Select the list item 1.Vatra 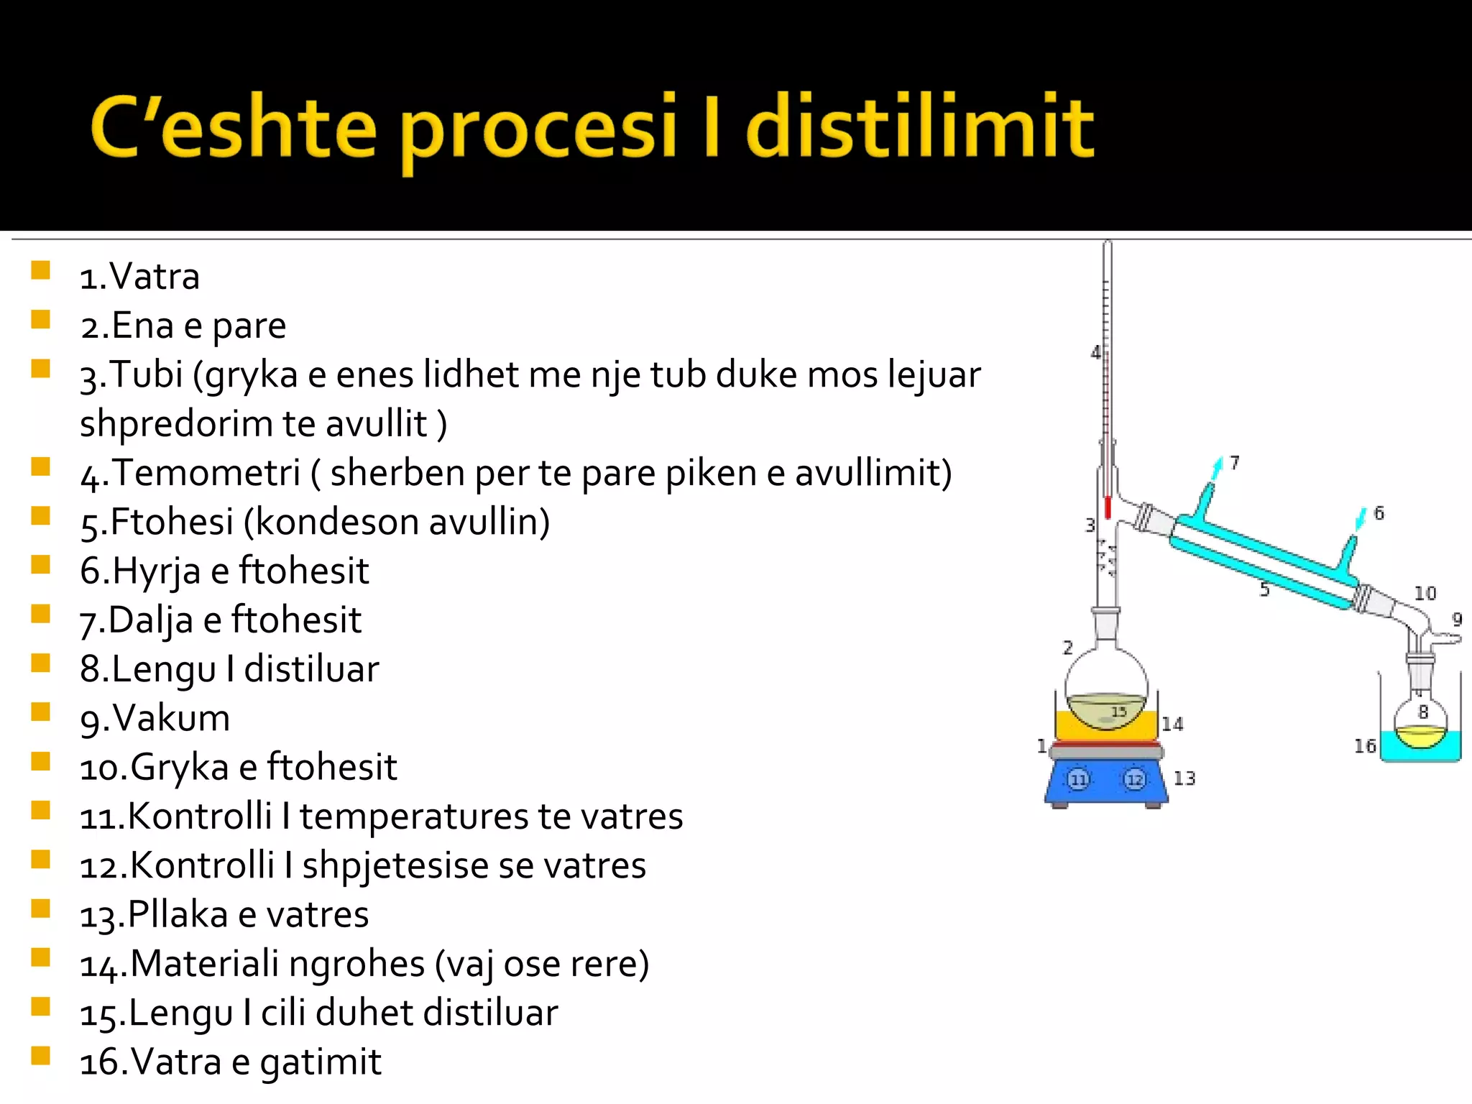[x=139, y=277]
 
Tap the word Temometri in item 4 [x=206, y=473]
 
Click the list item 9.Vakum [x=155, y=718]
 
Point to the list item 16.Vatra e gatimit [x=230, y=1062]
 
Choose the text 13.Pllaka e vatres [x=224, y=915]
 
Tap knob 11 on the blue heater [x=1078, y=779]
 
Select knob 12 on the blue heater [x=1134, y=779]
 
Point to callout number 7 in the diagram [x=1234, y=463]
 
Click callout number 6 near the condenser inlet [x=1379, y=513]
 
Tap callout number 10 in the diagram [x=1425, y=594]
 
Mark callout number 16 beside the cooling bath [x=1364, y=747]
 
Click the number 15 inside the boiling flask [x=1118, y=712]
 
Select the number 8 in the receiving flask [x=1422, y=712]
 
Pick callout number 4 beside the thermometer [x=1095, y=353]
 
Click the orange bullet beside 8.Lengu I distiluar [x=41, y=663]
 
